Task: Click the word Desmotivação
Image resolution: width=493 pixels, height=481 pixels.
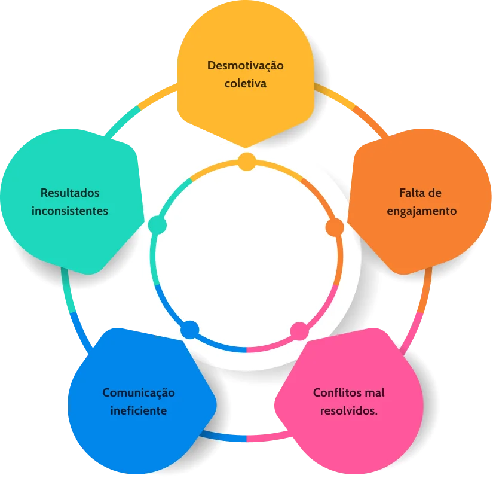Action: [245, 65]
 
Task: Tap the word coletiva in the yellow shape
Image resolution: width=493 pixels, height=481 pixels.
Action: [245, 83]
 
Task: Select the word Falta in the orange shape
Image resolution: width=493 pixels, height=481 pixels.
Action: [412, 193]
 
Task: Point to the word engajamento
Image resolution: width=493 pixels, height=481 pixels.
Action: [422, 211]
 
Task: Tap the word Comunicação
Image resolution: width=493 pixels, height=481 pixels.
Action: [139, 392]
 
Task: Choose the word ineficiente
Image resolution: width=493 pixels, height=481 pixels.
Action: [139, 411]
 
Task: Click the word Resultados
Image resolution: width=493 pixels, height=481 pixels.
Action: [70, 193]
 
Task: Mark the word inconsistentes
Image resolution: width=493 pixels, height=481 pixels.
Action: [70, 211]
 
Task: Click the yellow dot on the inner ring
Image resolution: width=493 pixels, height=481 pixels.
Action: [247, 161]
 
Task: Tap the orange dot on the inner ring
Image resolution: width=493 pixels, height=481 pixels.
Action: [335, 227]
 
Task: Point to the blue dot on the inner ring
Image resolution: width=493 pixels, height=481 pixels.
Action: [189, 329]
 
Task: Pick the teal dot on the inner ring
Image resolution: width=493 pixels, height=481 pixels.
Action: [157, 225]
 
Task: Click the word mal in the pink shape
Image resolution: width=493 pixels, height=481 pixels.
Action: [375, 392]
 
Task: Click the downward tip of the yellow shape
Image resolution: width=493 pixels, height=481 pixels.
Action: [246, 145]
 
